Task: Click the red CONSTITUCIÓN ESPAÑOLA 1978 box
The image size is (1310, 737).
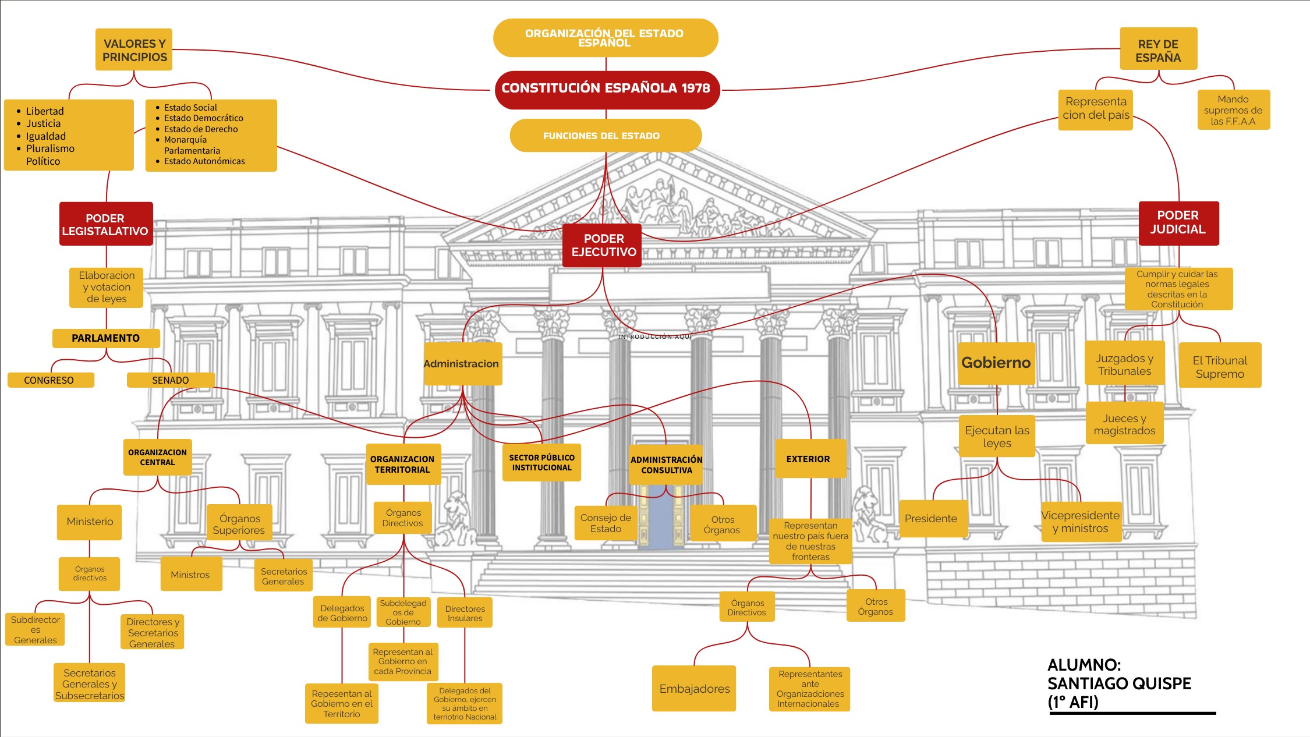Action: pyautogui.click(x=606, y=89)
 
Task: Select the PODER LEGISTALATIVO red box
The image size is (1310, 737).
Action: pyautogui.click(x=105, y=224)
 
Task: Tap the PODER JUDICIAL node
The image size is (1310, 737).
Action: pyautogui.click(x=1178, y=223)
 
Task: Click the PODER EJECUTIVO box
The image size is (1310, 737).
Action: pyautogui.click(x=603, y=245)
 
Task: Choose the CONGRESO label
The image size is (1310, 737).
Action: pyautogui.click(x=49, y=380)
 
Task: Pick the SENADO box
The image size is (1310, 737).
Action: pyautogui.click(x=170, y=380)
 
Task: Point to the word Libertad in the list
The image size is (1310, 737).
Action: pyautogui.click(x=45, y=111)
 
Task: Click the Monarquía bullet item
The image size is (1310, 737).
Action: pyautogui.click(x=185, y=140)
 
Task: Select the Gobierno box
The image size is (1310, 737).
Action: pyautogui.click(x=996, y=363)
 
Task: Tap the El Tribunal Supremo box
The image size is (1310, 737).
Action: pyautogui.click(x=1220, y=367)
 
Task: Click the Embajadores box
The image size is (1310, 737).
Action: pyautogui.click(x=694, y=689)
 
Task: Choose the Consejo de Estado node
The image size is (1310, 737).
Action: pyautogui.click(x=606, y=523)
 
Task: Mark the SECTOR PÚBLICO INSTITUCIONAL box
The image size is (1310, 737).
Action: pyautogui.click(x=541, y=462)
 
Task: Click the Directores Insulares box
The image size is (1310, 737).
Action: pyautogui.click(x=465, y=613)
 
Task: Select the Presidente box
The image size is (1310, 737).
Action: pyautogui.click(x=930, y=519)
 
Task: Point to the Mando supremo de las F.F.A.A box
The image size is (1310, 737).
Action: pyautogui.click(x=1233, y=110)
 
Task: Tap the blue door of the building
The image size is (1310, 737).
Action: pyautogui.click(x=660, y=521)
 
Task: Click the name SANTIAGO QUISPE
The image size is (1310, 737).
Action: pyautogui.click(x=1119, y=683)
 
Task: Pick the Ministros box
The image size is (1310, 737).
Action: pyautogui.click(x=190, y=575)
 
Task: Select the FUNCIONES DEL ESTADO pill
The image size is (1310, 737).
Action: pyautogui.click(x=602, y=136)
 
